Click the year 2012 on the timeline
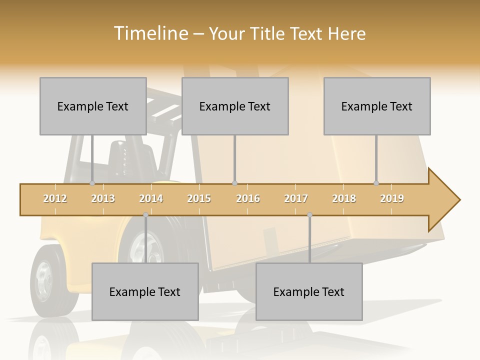point(55,198)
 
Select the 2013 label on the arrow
point(103,198)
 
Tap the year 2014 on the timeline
point(151,198)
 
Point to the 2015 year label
point(199,198)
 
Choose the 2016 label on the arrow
point(248,198)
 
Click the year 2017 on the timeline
point(296,198)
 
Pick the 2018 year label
point(344,198)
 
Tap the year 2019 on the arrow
point(392,198)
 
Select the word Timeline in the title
point(149,33)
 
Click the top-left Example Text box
point(93,106)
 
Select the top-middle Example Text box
point(235,106)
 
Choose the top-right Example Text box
point(377,106)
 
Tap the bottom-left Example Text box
point(145,291)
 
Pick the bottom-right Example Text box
point(309,291)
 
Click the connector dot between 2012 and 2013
point(92,183)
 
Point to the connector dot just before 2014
point(145,215)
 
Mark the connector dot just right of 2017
point(309,215)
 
